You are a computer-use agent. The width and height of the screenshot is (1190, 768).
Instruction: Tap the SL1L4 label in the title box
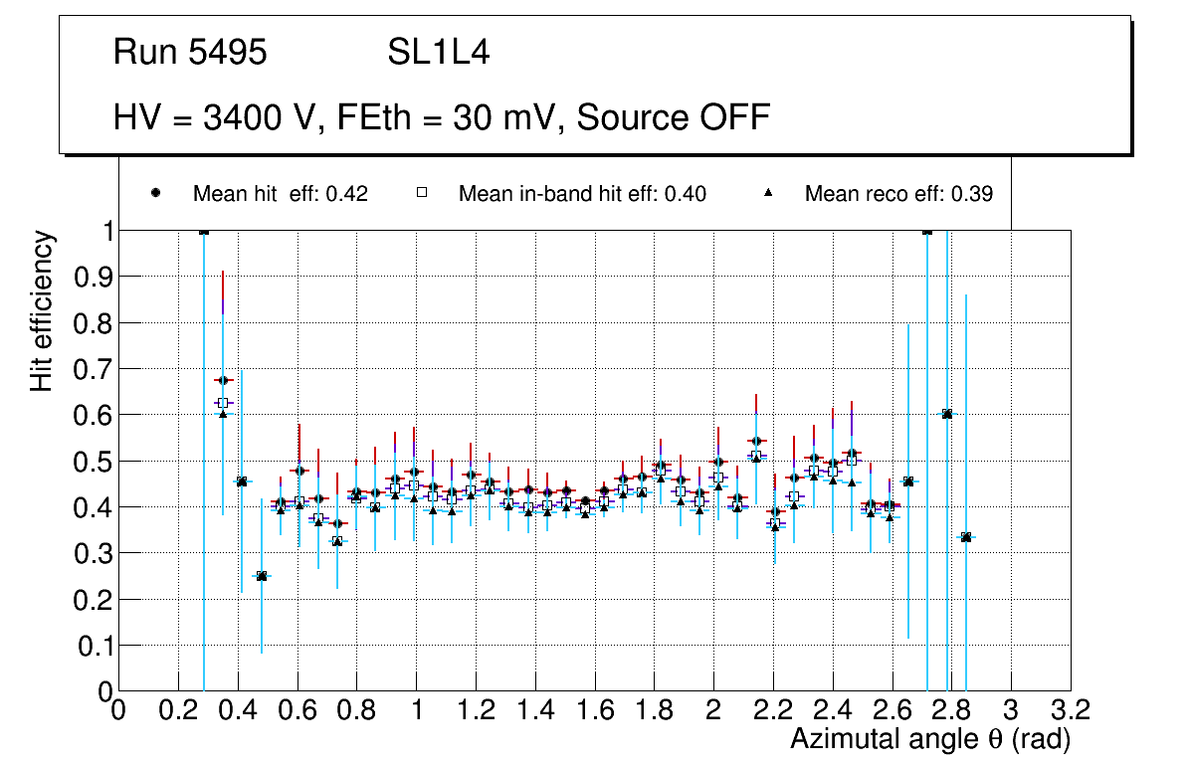438,53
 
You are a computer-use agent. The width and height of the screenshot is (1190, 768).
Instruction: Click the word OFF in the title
730,117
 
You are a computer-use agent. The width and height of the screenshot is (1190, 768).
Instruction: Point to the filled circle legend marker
155,193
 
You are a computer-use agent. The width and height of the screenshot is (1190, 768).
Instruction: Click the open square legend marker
421,193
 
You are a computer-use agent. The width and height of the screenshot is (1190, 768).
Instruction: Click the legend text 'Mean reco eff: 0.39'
898,194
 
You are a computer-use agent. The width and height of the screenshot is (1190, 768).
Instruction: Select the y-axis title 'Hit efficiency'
42,311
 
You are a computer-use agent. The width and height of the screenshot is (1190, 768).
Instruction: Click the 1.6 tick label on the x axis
594,709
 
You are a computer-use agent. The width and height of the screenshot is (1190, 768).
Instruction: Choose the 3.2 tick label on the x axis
1071,709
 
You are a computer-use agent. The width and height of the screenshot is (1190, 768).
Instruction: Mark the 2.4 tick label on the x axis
833,709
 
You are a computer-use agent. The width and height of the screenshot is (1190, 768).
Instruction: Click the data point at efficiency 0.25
262,576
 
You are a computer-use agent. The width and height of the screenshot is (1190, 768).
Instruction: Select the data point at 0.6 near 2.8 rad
947,414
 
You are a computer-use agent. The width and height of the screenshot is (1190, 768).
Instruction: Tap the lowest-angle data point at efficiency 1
204,231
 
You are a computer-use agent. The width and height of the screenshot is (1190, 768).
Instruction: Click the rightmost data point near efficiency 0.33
965,537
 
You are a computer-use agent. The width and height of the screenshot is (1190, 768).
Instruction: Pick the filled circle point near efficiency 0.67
223,380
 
